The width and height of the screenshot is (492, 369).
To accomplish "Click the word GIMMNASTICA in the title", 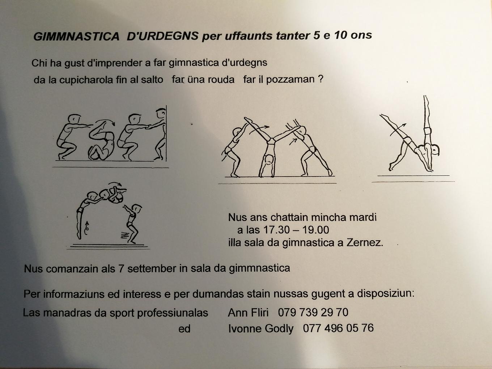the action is [x=76, y=37].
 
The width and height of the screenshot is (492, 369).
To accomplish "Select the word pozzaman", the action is [x=290, y=80].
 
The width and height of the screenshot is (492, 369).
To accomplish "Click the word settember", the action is [x=152, y=268].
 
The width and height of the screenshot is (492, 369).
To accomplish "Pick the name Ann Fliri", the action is [x=248, y=313].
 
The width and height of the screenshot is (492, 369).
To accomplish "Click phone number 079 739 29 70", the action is [x=313, y=312].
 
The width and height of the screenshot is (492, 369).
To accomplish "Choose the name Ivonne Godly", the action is [x=261, y=329].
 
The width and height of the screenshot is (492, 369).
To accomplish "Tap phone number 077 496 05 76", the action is [x=338, y=328].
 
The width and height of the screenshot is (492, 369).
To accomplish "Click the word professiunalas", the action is [x=173, y=313].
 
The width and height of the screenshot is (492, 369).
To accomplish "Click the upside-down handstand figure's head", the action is [x=269, y=160].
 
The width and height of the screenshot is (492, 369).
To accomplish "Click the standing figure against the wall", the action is [x=160, y=134].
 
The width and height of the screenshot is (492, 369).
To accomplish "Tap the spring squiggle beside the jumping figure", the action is [x=124, y=235].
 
